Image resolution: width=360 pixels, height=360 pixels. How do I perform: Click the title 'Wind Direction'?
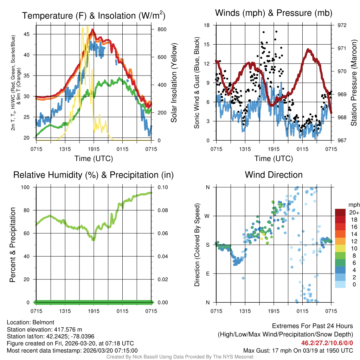point(274,175)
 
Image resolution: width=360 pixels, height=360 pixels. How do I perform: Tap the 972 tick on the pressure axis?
point(342,25)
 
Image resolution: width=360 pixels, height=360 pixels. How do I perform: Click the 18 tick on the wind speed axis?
point(207,25)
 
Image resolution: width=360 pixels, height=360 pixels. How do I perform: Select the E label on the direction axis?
point(207,274)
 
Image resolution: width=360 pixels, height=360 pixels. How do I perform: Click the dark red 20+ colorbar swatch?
point(340,212)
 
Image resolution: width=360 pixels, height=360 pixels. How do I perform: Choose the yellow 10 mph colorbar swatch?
point(340,248)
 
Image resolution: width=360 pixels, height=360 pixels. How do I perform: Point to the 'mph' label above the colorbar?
point(353,205)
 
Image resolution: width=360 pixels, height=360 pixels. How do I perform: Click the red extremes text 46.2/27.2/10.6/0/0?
point(327,343)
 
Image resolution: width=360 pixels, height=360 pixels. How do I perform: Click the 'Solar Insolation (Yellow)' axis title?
point(174,83)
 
